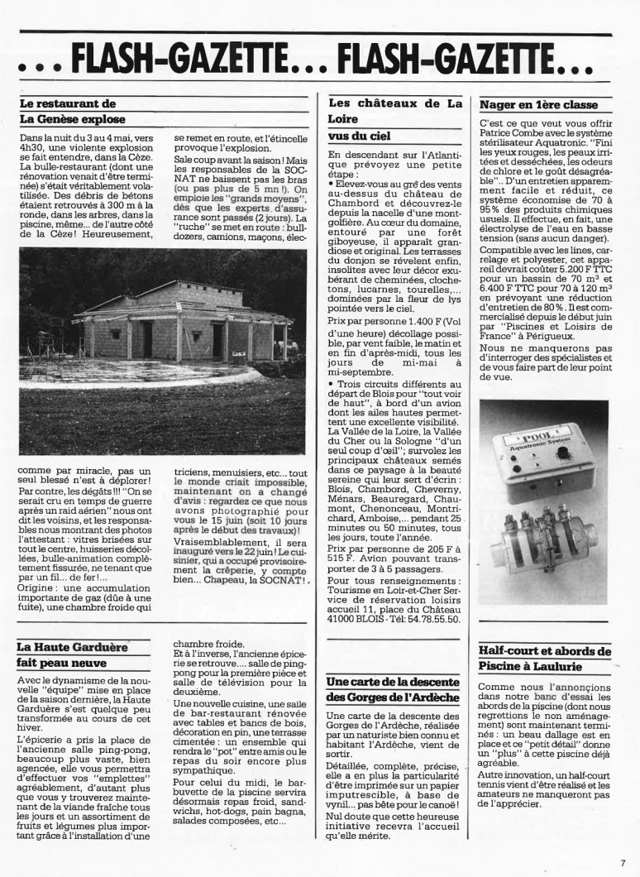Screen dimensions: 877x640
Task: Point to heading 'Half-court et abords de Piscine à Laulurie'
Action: coord(545,658)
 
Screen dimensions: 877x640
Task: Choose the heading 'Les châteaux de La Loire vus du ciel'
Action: coord(395,118)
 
